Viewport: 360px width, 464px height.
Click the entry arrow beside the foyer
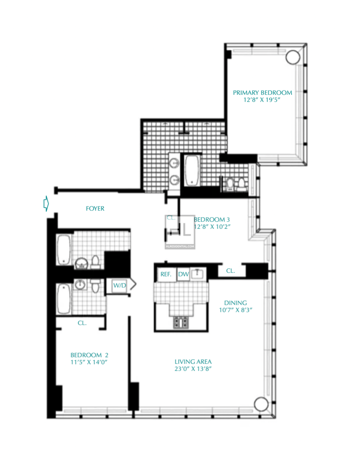[x=45, y=204]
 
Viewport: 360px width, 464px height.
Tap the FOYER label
[x=95, y=209]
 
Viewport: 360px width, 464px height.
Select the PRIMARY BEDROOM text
[x=262, y=93]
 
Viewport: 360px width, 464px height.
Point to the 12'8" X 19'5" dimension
[x=262, y=101]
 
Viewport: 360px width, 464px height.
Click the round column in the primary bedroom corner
[x=292, y=57]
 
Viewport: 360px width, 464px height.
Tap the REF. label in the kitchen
[x=166, y=274]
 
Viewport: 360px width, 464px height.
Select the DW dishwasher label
[x=183, y=274]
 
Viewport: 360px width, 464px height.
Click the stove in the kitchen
[x=181, y=322]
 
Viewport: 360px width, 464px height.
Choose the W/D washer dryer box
[x=119, y=285]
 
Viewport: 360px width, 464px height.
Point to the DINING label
[x=236, y=303]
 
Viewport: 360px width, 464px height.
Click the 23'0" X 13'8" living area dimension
[x=193, y=369]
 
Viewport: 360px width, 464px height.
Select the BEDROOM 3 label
[x=212, y=219]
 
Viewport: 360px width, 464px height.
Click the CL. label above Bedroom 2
[x=82, y=323]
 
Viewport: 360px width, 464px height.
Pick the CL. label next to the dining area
[x=230, y=271]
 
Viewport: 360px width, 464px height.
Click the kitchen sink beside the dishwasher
[x=198, y=273]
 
